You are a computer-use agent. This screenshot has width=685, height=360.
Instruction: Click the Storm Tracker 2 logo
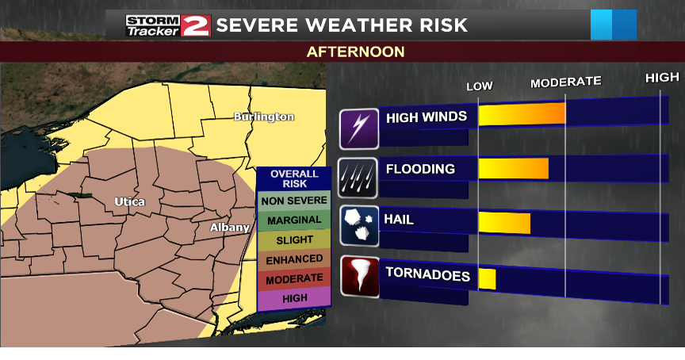[167, 25]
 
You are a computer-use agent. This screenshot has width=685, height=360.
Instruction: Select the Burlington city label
[264, 117]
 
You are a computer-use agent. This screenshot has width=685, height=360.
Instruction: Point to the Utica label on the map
[129, 201]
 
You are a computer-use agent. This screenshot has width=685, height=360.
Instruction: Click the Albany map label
[230, 228]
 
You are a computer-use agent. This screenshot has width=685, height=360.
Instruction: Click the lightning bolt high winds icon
[359, 128]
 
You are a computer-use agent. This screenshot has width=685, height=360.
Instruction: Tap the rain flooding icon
[359, 178]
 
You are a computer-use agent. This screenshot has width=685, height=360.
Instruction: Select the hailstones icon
[359, 226]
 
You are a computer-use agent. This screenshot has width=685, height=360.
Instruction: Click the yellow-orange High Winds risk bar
[522, 115]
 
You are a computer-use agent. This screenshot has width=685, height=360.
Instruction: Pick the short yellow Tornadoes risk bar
[487, 278]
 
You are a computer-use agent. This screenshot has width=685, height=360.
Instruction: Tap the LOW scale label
[479, 86]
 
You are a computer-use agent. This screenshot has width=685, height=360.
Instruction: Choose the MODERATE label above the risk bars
[565, 82]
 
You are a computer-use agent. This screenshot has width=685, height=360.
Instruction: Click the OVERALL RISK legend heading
[294, 178]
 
